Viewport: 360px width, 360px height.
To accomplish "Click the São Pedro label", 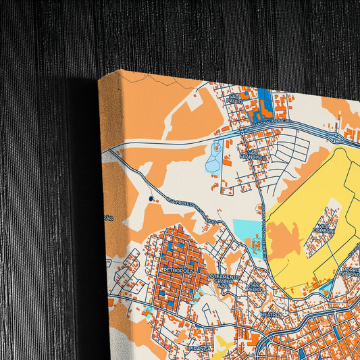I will point(255,286).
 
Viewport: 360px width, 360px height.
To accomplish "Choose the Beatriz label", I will point(269,314).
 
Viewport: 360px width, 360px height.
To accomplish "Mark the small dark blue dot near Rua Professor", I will point(151,199).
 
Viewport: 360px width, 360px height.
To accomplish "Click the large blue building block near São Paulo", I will point(263,101).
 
